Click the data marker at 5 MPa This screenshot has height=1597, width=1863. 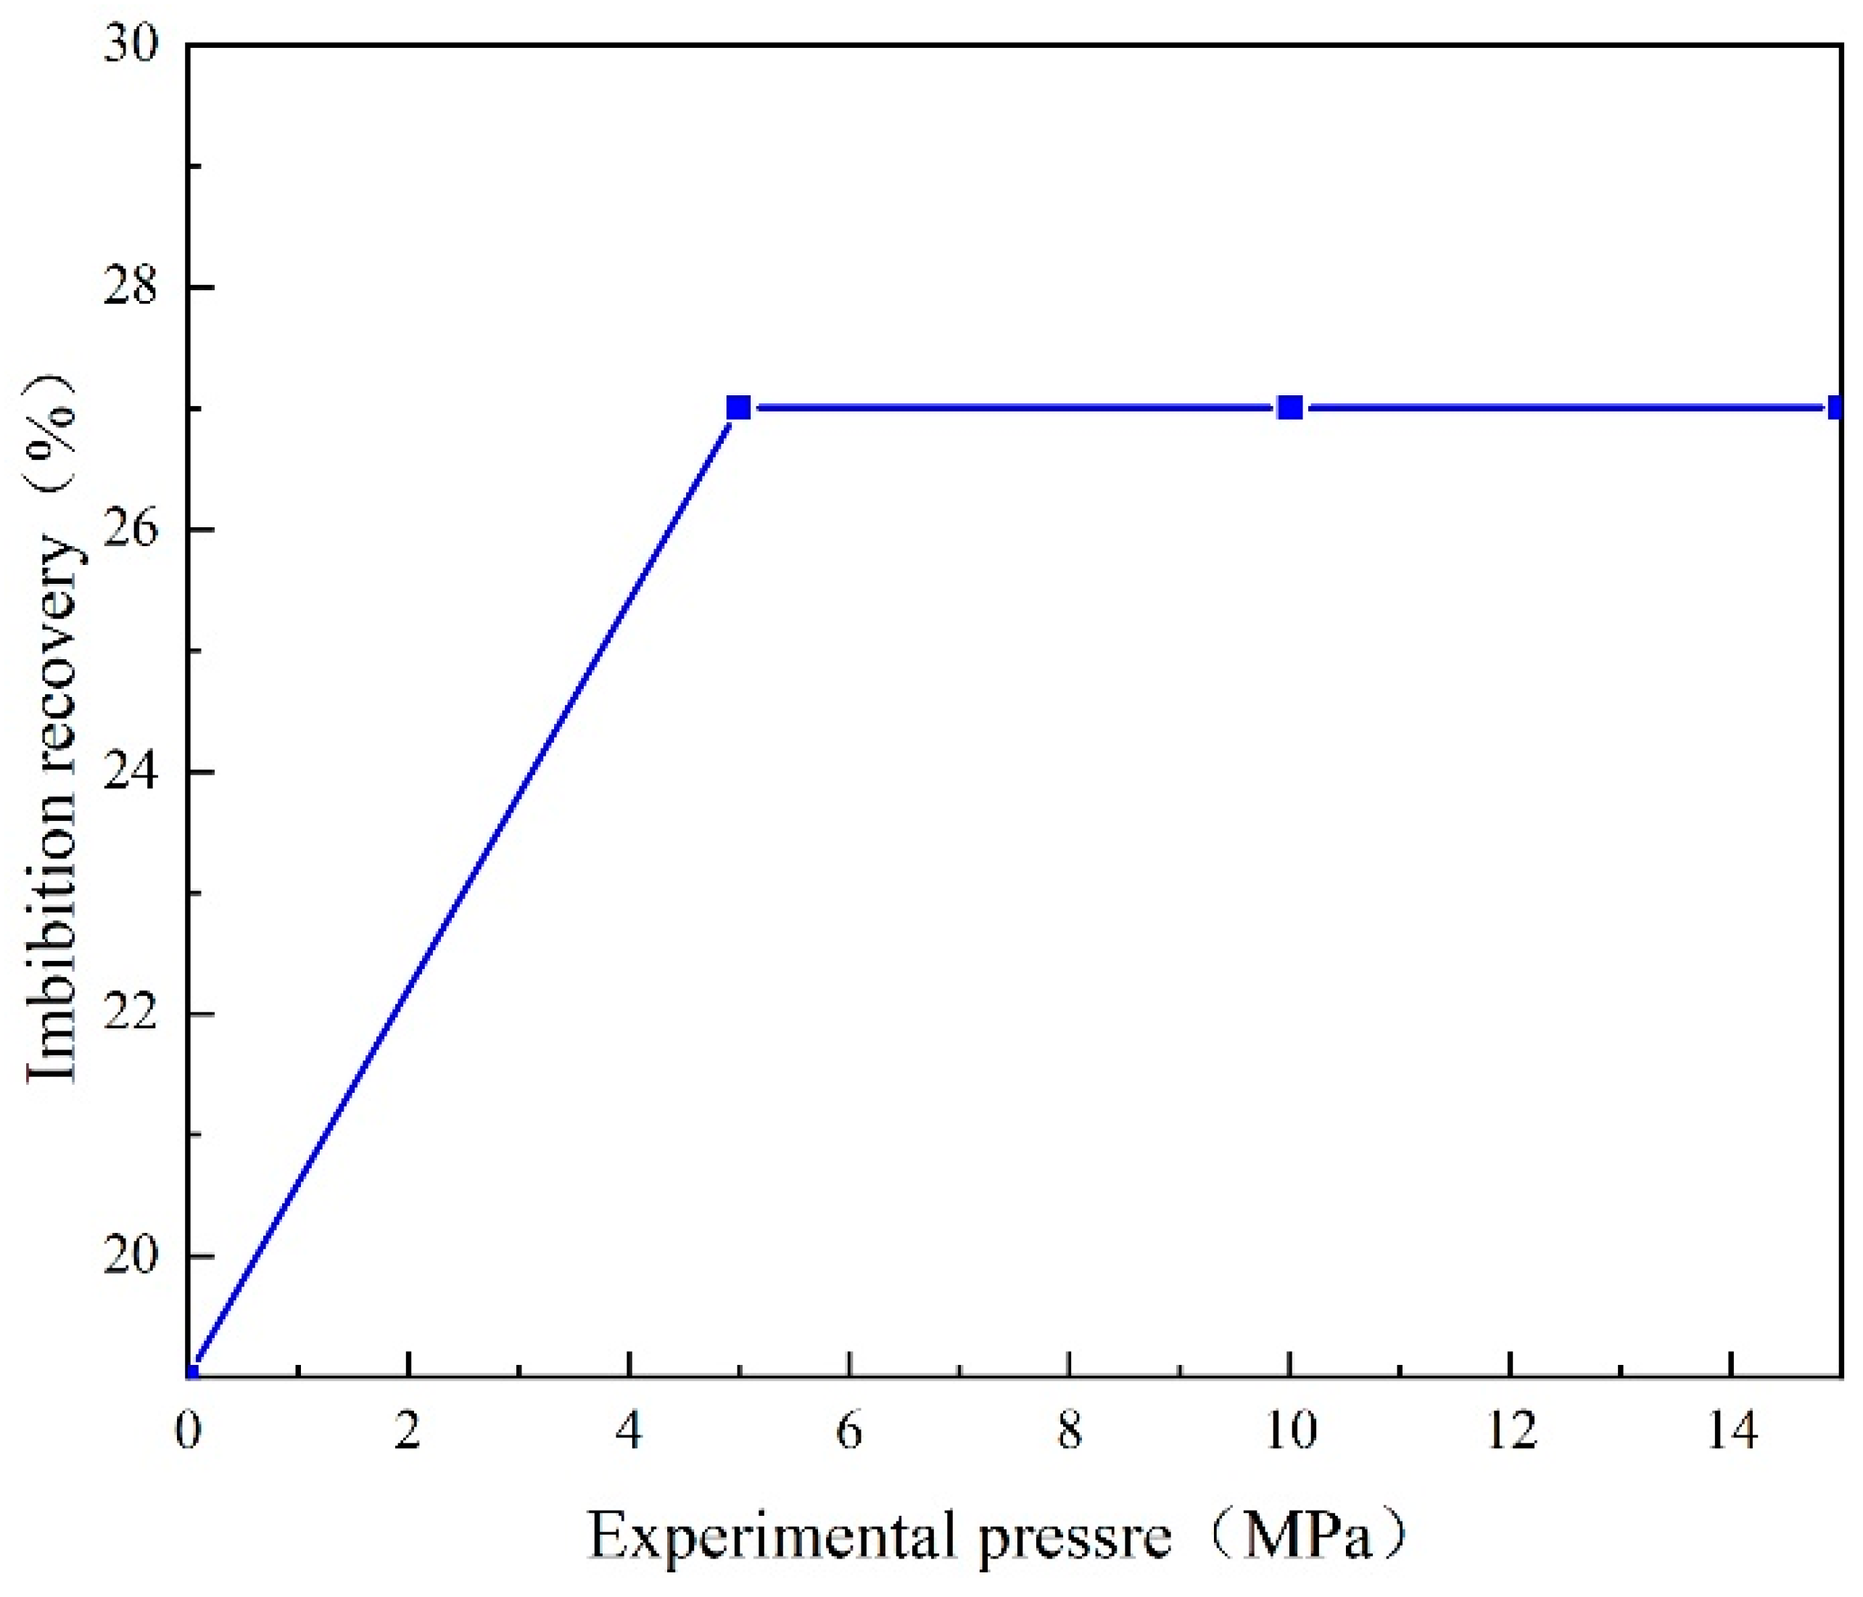[738, 408]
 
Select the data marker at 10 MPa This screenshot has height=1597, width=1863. [1290, 408]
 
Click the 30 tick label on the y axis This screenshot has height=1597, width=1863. [130, 45]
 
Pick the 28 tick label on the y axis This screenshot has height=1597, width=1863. [130, 287]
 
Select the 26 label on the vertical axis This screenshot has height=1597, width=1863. [130, 529]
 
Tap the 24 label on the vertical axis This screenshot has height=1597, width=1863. [130, 772]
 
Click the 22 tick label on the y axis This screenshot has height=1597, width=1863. [130, 1013]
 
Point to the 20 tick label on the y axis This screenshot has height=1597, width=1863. [130, 1255]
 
